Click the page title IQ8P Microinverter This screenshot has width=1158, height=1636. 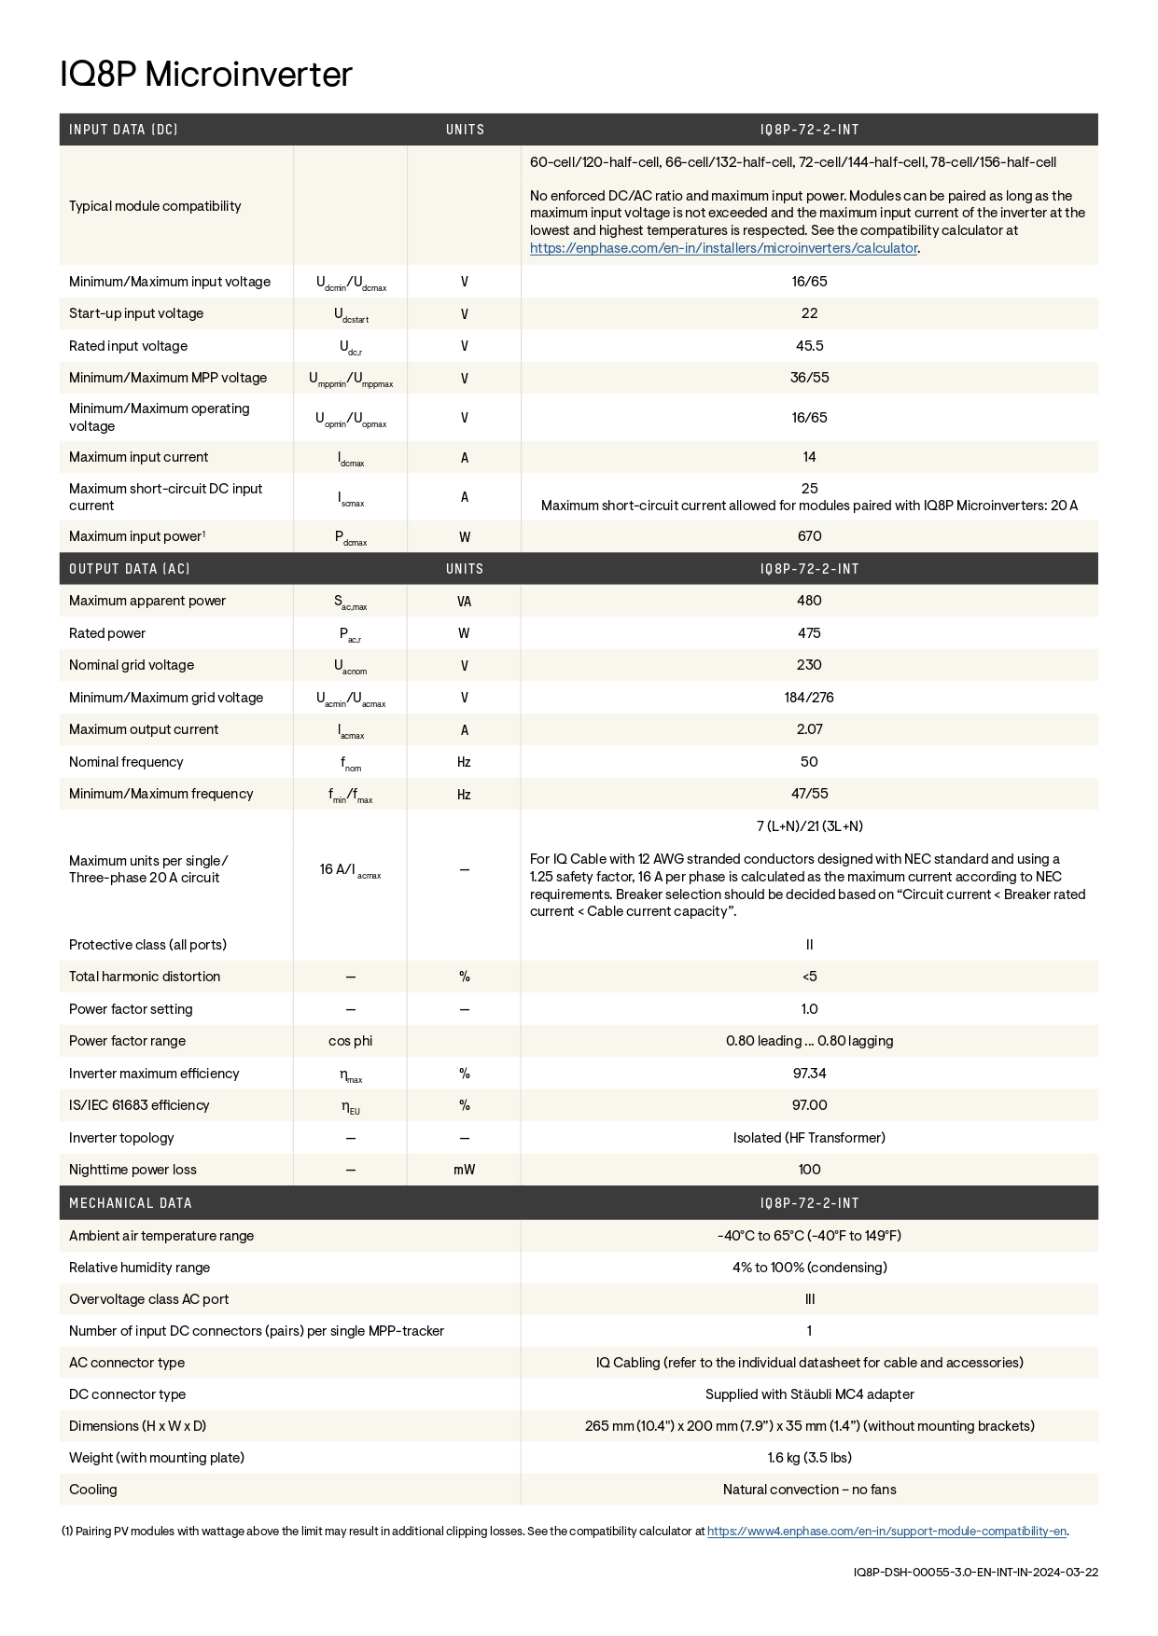(x=206, y=75)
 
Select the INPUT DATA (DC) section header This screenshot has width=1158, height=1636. (x=123, y=130)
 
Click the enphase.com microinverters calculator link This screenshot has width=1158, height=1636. (x=723, y=248)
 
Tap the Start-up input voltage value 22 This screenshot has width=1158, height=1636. (x=809, y=313)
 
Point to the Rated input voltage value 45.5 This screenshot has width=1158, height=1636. (x=809, y=346)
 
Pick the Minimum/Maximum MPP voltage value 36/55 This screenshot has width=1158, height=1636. (x=809, y=378)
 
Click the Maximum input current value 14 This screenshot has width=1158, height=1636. (x=809, y=457)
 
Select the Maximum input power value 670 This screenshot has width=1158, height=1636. (x=809, y=536)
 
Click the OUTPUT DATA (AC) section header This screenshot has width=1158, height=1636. (x=130, y=569)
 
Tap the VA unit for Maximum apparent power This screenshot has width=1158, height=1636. (x=464, y=602)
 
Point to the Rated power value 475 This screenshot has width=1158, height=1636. (x=809, y=633)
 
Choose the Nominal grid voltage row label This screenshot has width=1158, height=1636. (x=132, y=665)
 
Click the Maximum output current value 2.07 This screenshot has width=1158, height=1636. (x=809, y=729)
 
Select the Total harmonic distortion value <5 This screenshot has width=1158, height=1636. (x=809, y=977)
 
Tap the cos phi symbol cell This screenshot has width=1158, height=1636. (x=350, y=1041)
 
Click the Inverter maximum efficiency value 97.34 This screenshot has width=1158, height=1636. (x=809, y=1074)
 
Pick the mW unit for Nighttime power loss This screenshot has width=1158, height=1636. (x=464, y=1170)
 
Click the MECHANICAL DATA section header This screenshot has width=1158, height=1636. (x=131, y=1203)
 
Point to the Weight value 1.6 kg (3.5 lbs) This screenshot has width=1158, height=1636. (x=809, y=1458)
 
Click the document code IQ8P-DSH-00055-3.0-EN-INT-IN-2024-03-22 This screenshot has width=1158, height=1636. (x=975, y=1572)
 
